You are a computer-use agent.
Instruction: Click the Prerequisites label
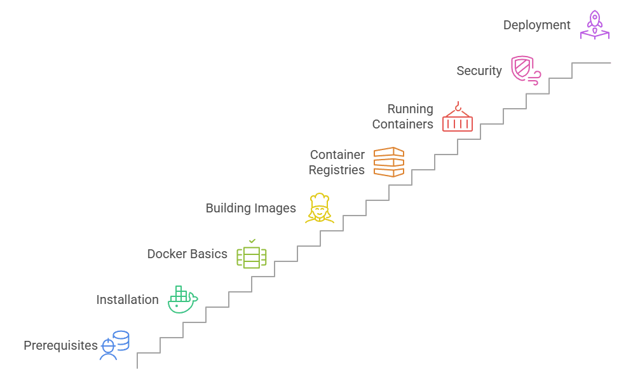tap(61, 346)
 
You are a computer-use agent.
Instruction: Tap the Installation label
tap(127, 300)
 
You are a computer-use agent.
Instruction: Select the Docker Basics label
tap(187, 254)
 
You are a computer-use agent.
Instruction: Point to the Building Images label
tap(250, 208)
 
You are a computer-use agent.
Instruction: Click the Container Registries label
tap(337, 162)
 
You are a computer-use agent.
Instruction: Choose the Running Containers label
tap(403, 116)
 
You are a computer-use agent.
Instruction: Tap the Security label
tap(479, 71)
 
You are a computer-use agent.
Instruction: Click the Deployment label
tap(537, 25)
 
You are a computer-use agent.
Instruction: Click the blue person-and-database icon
tap(114, 345)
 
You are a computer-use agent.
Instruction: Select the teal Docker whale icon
tap(182, 300)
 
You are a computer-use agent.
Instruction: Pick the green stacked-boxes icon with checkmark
tap(252, 254)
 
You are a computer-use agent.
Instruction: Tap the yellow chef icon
tap(319, 208)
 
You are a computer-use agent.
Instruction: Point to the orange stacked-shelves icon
tap(388, 162)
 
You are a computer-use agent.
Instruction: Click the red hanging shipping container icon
tap(457, 117)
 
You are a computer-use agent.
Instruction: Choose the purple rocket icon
tap(594, 25)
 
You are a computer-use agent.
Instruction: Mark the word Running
tap(410, 109)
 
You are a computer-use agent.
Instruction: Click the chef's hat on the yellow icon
tap(319, 198)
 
